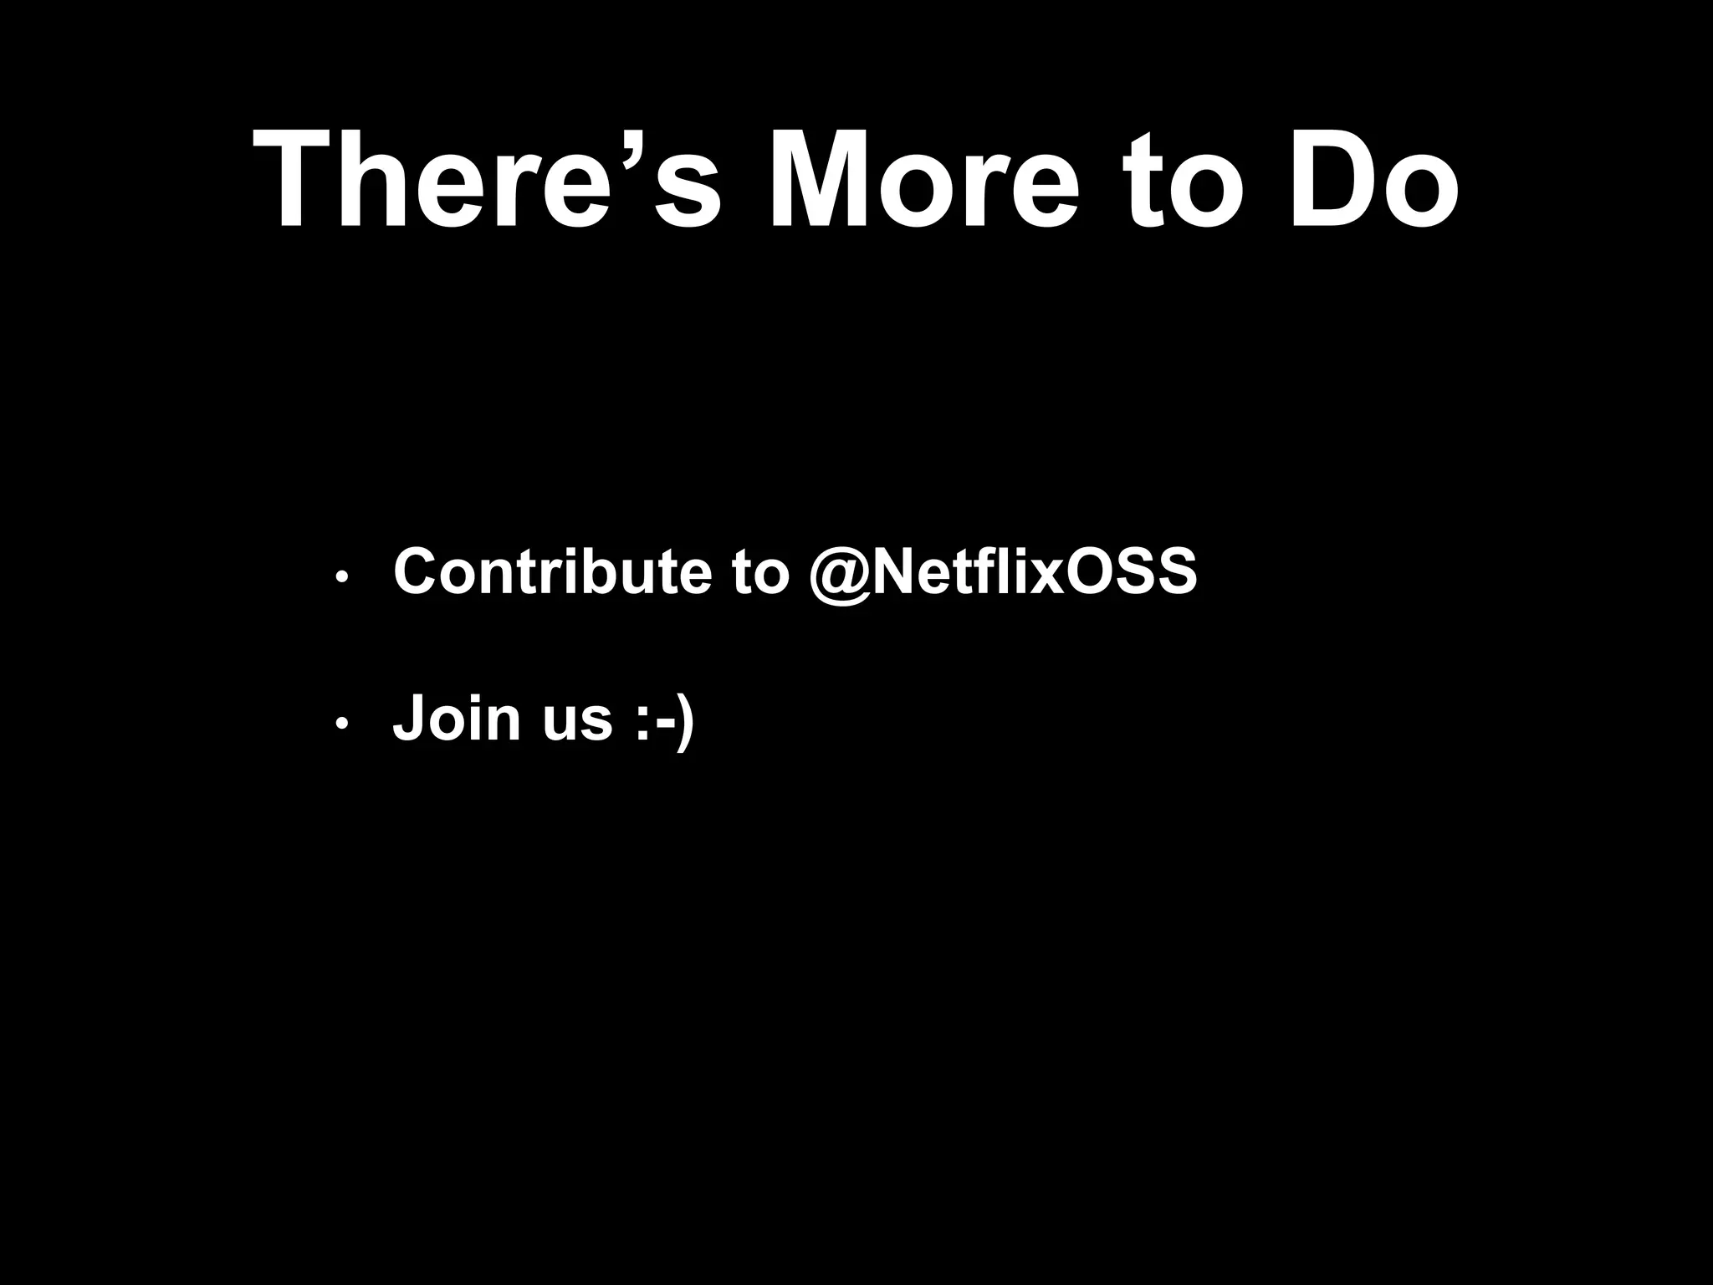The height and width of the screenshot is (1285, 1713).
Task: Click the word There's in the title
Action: (x=485, y=181)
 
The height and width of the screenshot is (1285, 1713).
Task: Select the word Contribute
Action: (x=551, y=573)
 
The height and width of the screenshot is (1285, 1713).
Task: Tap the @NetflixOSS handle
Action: (x=1003, y=573)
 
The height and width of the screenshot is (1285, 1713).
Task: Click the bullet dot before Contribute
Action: (x=340, y=578)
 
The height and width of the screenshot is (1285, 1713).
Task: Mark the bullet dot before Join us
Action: (x=340, y=724)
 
